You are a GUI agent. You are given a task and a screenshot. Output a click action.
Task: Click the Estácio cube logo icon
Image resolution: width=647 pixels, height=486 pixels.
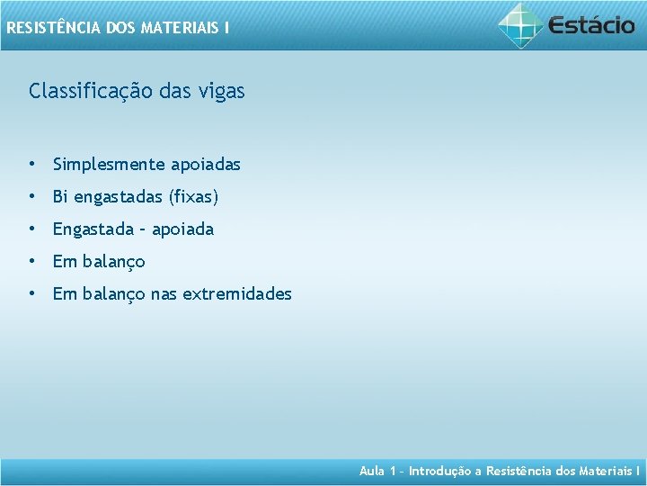(521, 25)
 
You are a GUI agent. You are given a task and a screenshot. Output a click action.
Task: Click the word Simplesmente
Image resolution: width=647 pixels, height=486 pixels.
(109, 165)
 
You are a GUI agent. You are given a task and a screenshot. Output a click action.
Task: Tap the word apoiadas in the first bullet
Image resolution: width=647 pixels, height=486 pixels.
(206, 165)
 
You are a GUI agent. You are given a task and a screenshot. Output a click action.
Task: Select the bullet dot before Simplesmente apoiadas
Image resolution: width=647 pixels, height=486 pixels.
(32, 164)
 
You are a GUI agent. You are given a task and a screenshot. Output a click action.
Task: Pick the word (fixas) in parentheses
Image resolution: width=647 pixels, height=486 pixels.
(193, 197)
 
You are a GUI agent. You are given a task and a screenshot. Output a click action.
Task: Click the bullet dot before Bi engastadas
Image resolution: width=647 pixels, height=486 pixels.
(32, 196)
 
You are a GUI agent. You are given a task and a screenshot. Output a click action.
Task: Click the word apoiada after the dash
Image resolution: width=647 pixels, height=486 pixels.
(182, 229)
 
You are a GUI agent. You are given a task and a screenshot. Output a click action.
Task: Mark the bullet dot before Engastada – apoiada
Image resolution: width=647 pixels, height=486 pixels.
(32, 229)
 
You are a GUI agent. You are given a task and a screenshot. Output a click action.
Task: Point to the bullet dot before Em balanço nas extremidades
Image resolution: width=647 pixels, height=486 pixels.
(32, 293)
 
